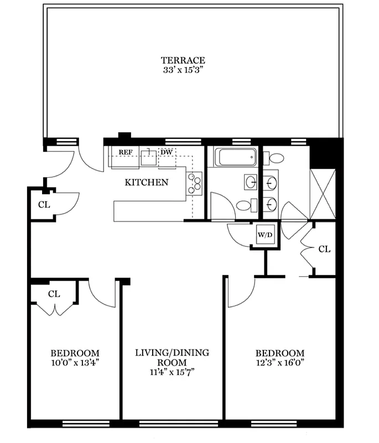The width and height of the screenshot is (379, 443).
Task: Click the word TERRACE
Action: tap(183, 60)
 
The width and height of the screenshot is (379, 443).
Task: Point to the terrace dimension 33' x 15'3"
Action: tap(183, 70)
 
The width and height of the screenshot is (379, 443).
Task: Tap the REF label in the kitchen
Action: tap(125, 152)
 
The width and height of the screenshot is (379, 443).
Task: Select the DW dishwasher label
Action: tap(166, 152)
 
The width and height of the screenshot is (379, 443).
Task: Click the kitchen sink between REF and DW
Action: tap(148, 158)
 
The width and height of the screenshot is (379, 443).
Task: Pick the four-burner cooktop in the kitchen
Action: tap(194, 183)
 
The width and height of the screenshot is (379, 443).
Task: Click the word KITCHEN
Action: tap(146, 182)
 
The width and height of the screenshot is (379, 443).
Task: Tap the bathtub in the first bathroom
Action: tap(237, 157)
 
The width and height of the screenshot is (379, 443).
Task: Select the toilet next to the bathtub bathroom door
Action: tap(243, 205)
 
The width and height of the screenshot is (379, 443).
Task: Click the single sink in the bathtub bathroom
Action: tap(251, 181)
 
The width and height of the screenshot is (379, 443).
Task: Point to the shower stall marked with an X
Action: tap(323, 194)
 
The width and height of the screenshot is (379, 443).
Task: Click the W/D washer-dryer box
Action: tap(264, 235)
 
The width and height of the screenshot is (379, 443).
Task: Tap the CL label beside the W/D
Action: tap(324, 249)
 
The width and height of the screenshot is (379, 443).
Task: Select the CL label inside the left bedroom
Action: tap(54, 293)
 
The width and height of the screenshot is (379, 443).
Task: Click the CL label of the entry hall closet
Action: tap(44, 204)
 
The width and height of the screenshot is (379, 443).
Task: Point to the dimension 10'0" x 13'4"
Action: tap(75, 363)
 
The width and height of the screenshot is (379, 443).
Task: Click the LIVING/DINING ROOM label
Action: tap(173, 357)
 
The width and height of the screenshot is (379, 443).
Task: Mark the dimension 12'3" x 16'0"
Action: tap(279, 363)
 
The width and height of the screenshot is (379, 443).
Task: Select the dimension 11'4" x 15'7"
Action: tap(173, 373)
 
